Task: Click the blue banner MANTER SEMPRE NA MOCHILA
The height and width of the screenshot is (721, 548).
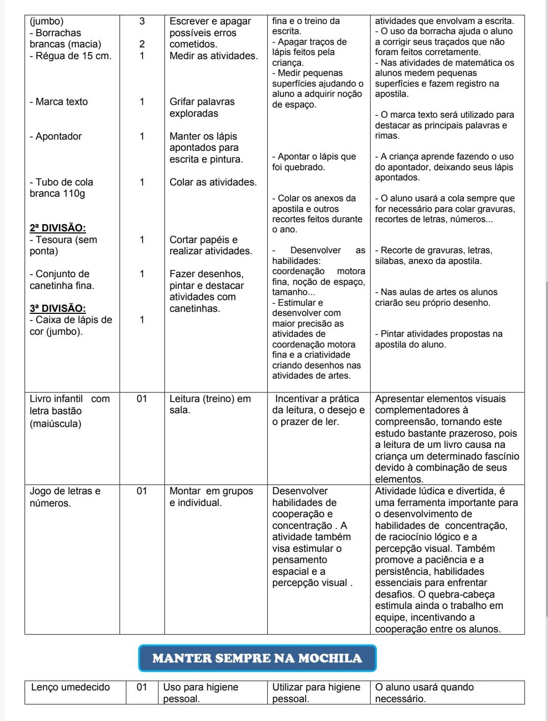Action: (257, 658)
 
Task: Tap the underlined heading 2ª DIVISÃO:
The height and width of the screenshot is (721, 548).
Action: (58, 228)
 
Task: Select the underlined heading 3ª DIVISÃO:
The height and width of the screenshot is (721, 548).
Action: (58, 308)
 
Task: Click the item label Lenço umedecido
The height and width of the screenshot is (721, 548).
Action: (70, 687)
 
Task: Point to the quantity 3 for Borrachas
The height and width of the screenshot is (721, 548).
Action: (142, 21)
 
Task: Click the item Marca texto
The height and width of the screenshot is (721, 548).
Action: (59, 102)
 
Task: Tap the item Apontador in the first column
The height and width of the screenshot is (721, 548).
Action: (56, 137)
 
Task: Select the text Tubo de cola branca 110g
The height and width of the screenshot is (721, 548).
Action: (61, 188)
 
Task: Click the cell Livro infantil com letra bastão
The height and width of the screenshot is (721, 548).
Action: (69, 411)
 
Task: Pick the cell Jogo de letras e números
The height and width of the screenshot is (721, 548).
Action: (65, 497)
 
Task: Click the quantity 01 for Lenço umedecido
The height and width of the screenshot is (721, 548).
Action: (142, 687)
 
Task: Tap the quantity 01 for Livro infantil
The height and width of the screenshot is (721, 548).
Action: (142, 399)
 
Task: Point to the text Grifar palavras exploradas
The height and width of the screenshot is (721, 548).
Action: (202, 108)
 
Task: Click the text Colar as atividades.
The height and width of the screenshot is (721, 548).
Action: (213, 182)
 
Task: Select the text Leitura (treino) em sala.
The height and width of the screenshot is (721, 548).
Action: (210, 405)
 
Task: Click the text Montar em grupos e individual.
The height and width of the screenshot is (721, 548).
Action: (211, 497)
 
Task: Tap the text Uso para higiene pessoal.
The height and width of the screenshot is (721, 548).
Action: (201, 692)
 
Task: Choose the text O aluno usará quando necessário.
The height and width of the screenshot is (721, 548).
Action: (424, 692)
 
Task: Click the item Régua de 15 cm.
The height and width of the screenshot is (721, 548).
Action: (70, 56)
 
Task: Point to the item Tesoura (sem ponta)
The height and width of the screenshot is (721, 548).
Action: (63, 245)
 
